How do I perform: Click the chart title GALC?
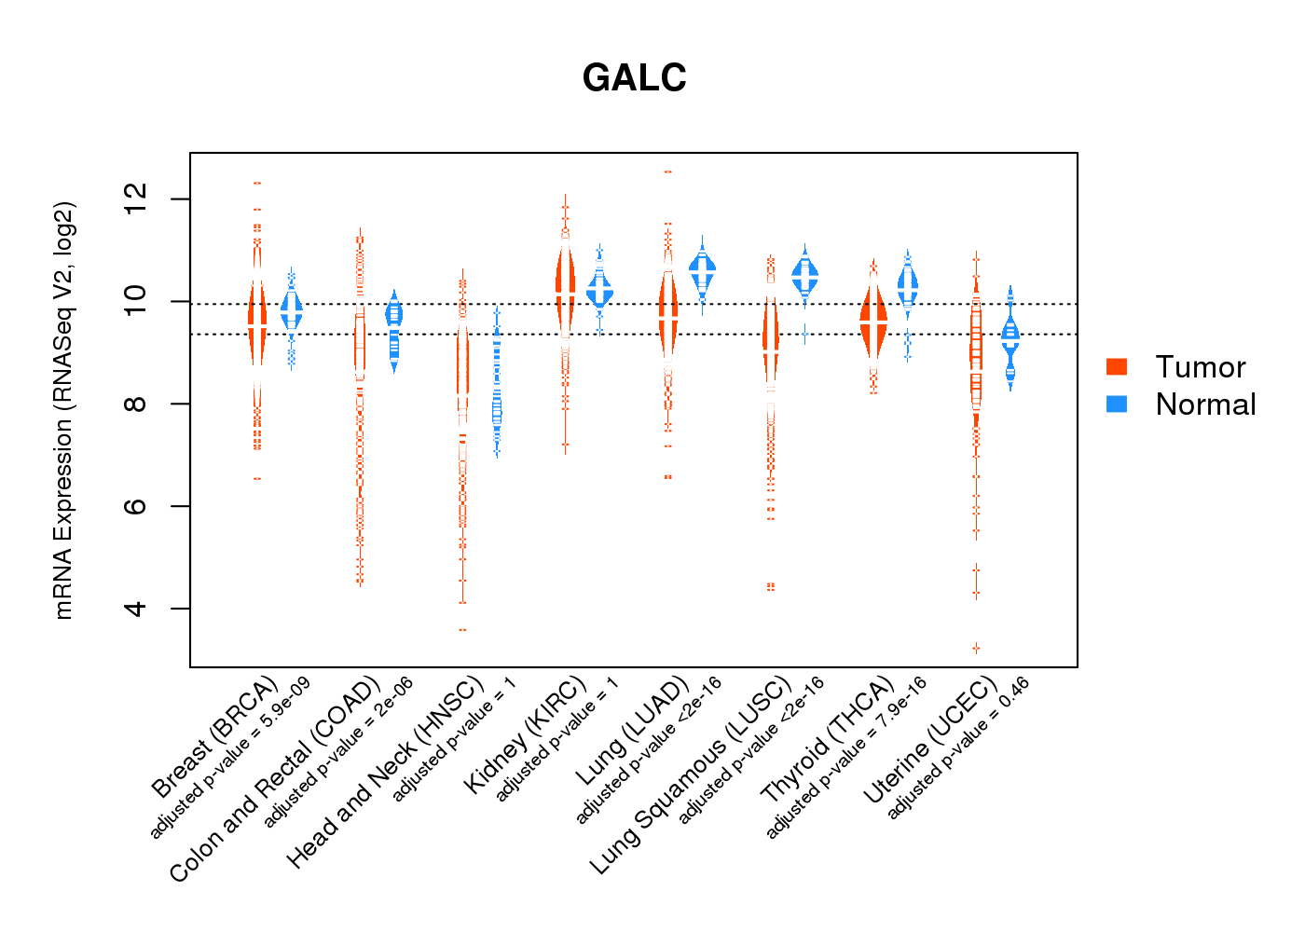point(634,77)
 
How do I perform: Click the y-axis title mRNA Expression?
point(63,410)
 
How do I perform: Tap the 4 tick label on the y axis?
point(136,609)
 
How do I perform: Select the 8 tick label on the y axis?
point(136,404)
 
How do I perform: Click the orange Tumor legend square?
point(1117,366)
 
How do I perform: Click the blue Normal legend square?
point(1117,404)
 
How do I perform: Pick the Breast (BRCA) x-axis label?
point(215,736)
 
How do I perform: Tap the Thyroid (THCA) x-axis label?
point(828,741)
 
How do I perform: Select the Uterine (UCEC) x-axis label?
point(930,741)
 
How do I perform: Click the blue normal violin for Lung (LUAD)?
point(702,269)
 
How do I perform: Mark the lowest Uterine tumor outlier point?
point(976,648)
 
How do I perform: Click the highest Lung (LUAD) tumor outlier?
point(667,171)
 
